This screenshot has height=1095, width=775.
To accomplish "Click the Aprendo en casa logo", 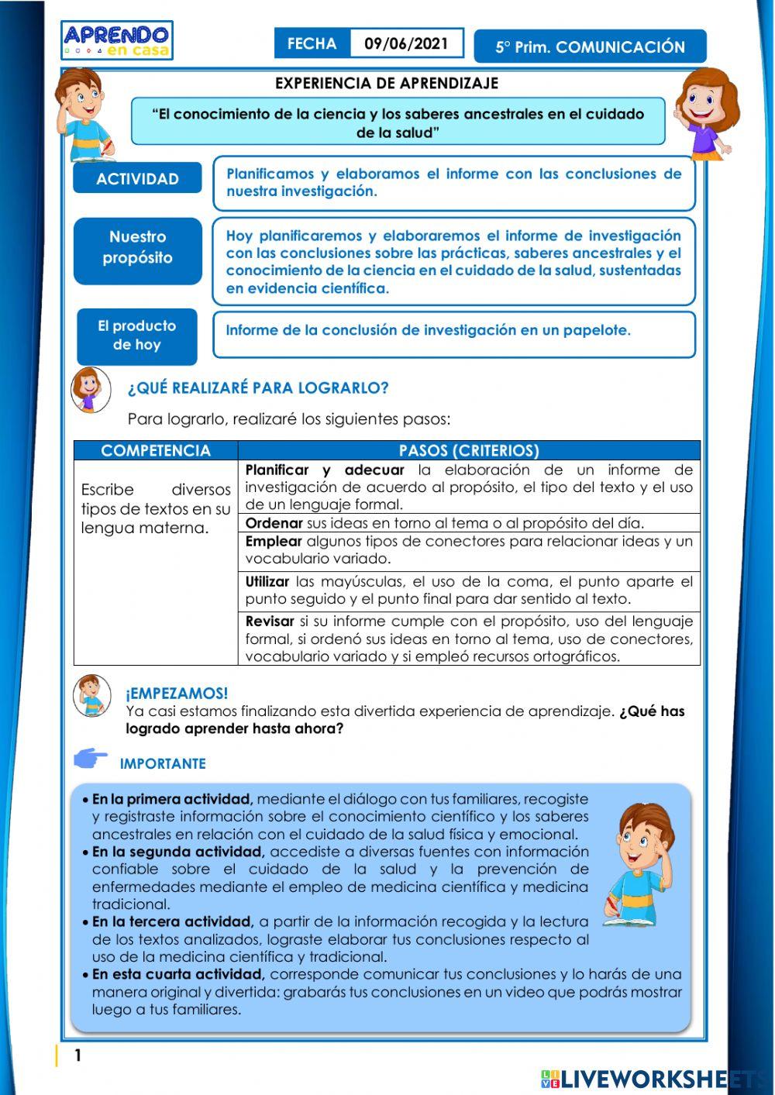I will coord(117,40).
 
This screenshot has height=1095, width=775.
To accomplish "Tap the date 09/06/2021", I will coord(406,44).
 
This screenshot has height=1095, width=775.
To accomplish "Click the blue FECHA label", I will coord(312,44).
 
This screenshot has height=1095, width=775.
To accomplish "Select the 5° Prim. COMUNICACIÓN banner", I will coord(590,47).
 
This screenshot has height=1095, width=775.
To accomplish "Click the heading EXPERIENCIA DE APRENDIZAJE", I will coord(387,83).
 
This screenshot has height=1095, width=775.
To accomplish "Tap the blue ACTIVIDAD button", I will coord(137,179).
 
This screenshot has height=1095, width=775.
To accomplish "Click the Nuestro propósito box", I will coord(137,248).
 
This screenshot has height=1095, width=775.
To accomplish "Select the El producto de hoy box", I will coord(136,336).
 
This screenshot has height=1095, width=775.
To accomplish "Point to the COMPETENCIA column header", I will coord(156,451).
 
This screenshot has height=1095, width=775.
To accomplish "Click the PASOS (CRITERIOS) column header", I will coord(469,451).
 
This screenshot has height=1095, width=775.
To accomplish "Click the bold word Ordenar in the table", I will coord(274,523).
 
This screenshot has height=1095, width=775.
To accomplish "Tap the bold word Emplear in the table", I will coord(273,541).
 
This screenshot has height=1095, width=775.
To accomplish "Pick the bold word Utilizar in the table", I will coord(267,581).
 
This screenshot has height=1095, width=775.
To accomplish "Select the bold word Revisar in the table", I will coord(270,622).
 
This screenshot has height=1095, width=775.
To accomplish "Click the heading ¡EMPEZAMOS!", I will coord(177,694).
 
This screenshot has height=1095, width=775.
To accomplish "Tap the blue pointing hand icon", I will coord(91,759).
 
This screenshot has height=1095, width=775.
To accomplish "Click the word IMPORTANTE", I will coord(163,764).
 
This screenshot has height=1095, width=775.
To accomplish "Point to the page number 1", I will coord(77,1055).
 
